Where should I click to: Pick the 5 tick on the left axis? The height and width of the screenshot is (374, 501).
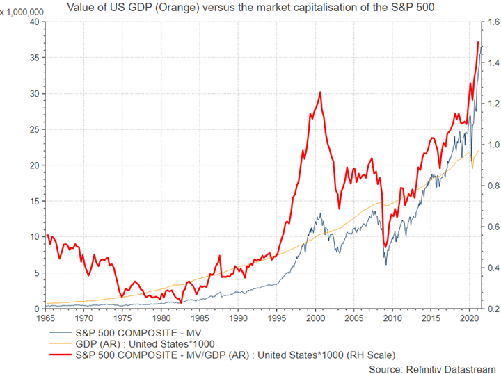[x=34, y=273]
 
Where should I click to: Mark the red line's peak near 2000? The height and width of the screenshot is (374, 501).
[x=319, y=92]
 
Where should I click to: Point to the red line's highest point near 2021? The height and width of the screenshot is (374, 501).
[x=478, y=42]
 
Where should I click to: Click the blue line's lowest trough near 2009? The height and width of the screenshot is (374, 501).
[x=385, y=263]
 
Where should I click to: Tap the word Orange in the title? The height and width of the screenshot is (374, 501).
[x=198, y=8]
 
